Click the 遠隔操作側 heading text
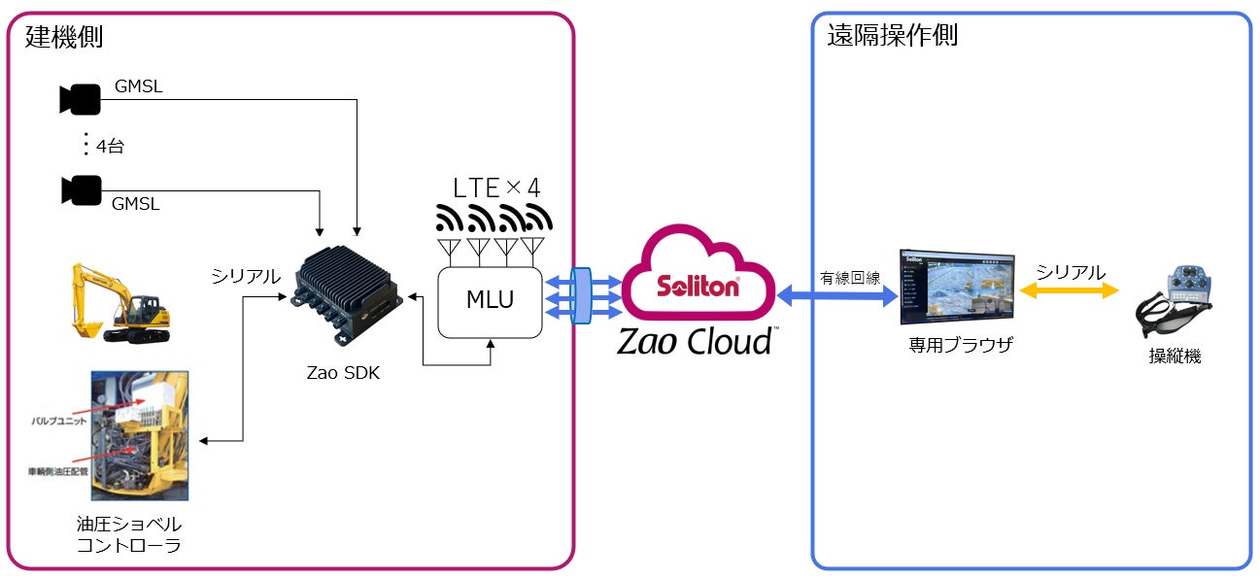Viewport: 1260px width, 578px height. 892,36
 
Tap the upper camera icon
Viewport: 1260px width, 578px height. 80,99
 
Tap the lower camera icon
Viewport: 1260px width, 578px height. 80,190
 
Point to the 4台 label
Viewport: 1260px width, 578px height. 109,148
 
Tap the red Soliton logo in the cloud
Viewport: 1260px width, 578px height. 698,287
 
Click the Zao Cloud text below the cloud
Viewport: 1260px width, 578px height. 696,342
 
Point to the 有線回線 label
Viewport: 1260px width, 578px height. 850,278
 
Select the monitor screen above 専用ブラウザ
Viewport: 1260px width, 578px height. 956,286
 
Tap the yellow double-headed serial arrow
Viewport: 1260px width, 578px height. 1070,291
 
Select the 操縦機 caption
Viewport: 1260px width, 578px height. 1175,357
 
